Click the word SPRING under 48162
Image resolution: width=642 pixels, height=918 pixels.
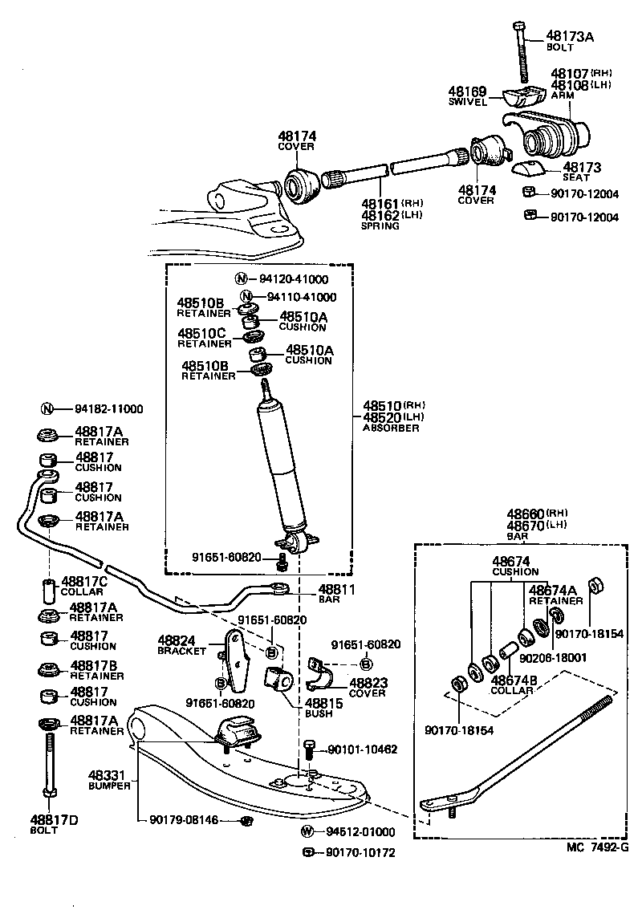pos(380,226)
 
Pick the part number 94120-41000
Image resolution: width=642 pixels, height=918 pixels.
pos(293,279)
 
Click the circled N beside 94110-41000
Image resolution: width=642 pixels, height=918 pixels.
pos(247,297)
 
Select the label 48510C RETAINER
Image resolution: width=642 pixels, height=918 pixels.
pos(204,337)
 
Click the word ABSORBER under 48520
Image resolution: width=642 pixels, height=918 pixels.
pos(390,429)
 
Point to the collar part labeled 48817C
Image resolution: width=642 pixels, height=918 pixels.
pos(47,591)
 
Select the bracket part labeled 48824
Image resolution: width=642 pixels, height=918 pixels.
pos(234,660)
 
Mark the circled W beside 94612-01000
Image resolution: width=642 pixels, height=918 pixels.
pos(307,831)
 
